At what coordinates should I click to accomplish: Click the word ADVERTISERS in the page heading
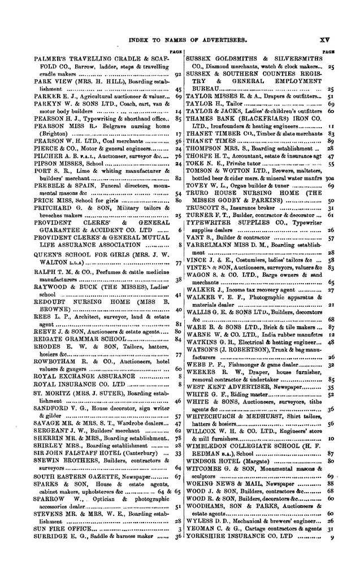point(220,40)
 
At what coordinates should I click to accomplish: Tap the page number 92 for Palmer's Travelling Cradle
point(177,74)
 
